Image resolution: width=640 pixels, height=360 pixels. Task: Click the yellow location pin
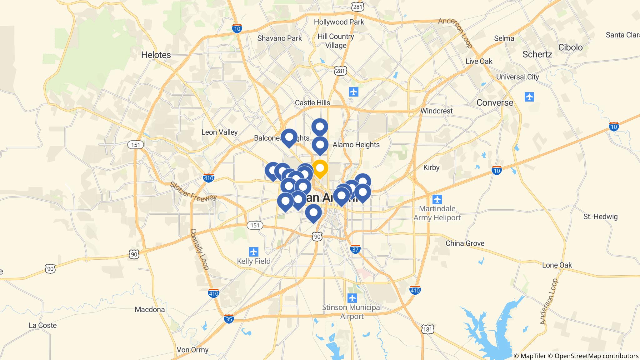coord(320,168)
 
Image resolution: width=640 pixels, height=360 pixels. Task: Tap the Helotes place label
coord(156,55)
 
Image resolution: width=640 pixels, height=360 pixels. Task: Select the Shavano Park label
coord(279,38)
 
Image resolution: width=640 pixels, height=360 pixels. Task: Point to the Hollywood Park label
coord(339,22)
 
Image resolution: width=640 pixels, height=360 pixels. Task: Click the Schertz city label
coord(537,54)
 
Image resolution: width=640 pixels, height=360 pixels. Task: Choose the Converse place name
coord(495,103)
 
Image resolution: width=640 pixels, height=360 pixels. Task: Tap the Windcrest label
coord(436,111)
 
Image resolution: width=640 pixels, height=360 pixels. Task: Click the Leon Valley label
coord(219,132)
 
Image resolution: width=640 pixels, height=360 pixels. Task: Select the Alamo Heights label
coord(356,145)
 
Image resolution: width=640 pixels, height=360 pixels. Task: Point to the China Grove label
coord(465,243)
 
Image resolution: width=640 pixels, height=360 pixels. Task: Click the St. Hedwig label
coord(600,217)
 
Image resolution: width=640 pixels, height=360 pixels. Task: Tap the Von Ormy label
coord(192,350)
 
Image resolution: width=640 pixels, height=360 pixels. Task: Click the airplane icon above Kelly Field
coord(253,252)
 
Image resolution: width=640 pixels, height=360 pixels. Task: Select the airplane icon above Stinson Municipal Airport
coord(352,298)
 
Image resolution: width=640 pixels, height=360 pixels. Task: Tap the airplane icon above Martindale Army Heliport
coord(437,199)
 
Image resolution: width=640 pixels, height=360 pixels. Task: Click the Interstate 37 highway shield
coord(355,249)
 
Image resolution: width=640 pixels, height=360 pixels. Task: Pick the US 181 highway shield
coord(427,329)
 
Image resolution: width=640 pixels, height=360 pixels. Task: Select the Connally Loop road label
coord(199,249)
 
